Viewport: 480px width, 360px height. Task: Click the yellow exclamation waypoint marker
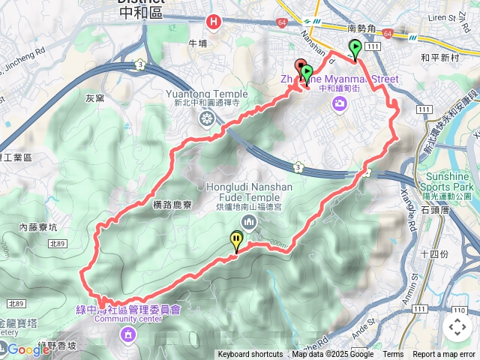coord(237,241)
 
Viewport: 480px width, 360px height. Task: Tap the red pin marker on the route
coord(300,67)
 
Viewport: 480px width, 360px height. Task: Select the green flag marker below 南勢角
coord(354,49)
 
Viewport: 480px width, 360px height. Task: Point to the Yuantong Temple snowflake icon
coord(205,119)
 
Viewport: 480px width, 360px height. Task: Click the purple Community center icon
coord(128,333)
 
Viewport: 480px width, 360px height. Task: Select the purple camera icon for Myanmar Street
coord(340,102)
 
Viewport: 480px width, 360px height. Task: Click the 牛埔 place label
coord(197,43)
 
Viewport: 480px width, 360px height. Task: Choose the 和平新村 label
coord(441,57)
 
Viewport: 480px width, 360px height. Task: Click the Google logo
coord(28,349)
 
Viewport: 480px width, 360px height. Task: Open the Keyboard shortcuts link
coord(250,355)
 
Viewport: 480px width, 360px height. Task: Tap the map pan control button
coord(457,326)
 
